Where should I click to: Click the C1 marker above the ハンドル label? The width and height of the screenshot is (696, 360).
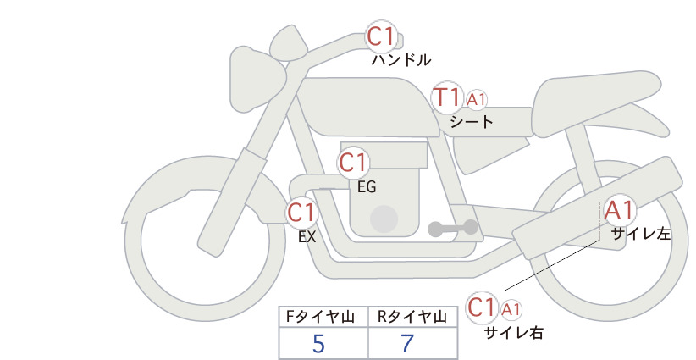point(381,36)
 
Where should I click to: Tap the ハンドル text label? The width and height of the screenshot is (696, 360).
point(400,60)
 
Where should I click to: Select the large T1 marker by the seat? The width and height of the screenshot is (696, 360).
point(447,97)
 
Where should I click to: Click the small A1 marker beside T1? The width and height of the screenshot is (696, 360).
point(477,100)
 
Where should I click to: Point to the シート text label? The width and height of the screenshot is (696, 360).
point(472,122)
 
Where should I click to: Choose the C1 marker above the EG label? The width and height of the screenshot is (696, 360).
point(353,163)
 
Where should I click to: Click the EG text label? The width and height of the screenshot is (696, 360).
point(367,187)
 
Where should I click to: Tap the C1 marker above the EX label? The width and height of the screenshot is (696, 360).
point(301,212)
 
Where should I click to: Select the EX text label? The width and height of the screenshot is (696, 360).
point(307,237)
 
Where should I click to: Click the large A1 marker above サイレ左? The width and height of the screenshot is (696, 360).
point(619,210)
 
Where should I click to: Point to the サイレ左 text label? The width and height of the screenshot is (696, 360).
point(641,234)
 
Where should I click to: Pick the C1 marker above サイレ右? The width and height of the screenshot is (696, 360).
point(482,307)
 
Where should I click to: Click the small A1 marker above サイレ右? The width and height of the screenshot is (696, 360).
point(511,309)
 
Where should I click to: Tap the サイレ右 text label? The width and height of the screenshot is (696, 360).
point(514,333)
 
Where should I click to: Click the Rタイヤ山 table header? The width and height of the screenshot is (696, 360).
point(412,317)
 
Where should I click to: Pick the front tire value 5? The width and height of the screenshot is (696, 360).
point(318,343)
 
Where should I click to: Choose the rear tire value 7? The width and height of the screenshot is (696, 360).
point(407,343)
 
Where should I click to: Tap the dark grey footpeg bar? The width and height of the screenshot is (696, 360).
point(453,228)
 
